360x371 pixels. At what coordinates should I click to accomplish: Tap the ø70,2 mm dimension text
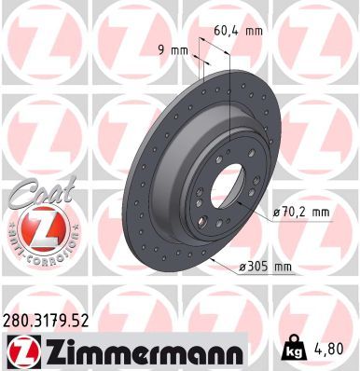300,213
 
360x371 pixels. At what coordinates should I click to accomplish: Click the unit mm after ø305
283,268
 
